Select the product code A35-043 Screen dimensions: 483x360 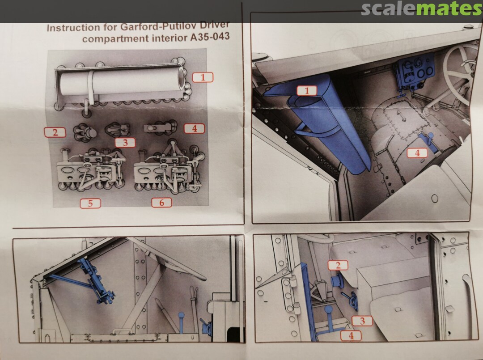pyautogui.click(x=210, y=37)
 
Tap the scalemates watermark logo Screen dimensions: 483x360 pyautogui.click(x=422, y=9)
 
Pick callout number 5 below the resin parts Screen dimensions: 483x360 pyautogui.click(x=90, y=203)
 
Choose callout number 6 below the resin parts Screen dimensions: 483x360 pyautogui.click(x=162, y=202)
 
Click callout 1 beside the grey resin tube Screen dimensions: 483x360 pyautogui.click(x=203, y=77)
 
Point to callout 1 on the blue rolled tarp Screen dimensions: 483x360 pyautogui.click(x=307, y=90)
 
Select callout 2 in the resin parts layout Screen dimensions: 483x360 pyautogui.click(x=55, y=132)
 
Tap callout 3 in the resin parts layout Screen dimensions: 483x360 pyautogui.click(x=125, y=143)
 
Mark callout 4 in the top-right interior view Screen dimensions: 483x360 pyautogui.click(x=417, y=153)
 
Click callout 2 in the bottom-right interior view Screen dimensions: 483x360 pyautogui.click(x=338, y=265)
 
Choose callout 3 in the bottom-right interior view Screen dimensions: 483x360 pyautogui.click(x=362, y=321)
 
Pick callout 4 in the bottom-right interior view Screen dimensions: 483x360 pyautogui.click(x=351, y=335)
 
